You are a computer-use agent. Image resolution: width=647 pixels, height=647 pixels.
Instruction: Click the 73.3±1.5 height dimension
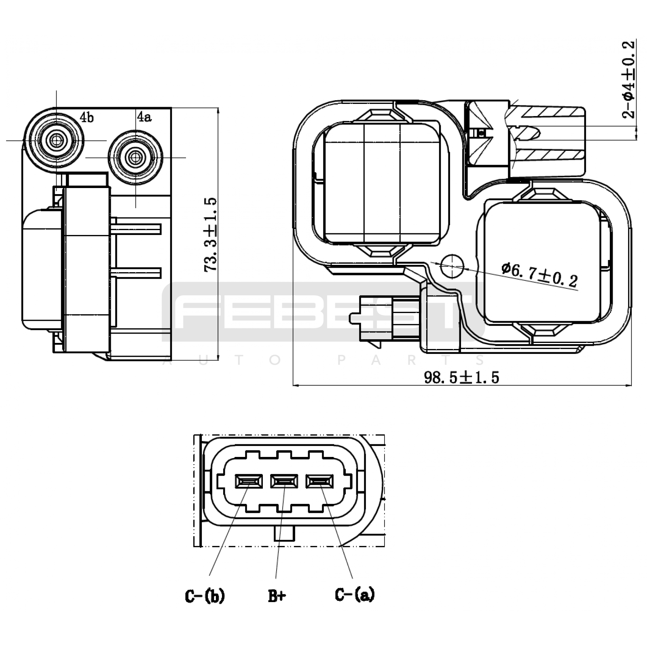(211, 235)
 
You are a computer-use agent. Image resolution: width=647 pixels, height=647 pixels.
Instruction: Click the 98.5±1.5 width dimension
(461, 377)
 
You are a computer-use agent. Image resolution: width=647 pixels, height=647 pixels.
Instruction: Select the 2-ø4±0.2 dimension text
(628, 79)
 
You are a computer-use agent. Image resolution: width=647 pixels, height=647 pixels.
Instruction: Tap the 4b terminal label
(87, 117)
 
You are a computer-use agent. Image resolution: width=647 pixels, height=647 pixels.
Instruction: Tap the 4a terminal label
(144, 117)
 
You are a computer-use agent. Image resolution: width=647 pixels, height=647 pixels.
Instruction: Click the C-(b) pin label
(205, 596)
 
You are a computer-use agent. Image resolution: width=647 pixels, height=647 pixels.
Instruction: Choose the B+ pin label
(277, 596)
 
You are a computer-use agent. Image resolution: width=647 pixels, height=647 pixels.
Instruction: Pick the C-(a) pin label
(355, 594)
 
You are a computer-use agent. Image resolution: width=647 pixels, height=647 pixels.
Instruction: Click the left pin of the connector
(249, 481)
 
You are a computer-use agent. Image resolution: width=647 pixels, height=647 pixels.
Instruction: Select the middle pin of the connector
(284, 481)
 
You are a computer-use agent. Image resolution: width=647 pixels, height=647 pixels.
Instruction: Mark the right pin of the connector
(319, 481)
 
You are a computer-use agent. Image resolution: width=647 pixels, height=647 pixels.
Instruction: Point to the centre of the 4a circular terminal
(135, 157)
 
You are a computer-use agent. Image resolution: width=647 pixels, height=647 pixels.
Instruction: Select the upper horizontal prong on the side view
(137, 230)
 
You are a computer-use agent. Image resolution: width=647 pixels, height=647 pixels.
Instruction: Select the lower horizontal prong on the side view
(137, 273)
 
